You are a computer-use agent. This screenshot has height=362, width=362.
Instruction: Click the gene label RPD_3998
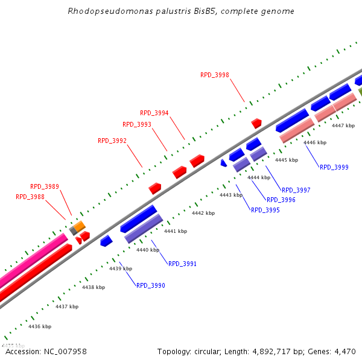tap(215, 75)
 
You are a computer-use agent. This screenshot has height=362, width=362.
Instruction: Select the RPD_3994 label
tap(154, 113)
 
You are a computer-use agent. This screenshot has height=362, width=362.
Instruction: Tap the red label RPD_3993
tap(137, 124)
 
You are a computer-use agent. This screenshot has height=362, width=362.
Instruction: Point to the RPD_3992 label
tap(112, 141)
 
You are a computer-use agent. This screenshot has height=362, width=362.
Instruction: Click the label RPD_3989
tap(45, 186)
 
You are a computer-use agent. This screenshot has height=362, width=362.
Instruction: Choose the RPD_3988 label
tap(30, 197)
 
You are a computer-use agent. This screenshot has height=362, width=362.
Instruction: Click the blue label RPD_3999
tap(334, 167)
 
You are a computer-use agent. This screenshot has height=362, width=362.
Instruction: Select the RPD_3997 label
tap(296, 190)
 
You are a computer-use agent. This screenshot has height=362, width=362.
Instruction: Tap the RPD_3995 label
tap(265, 210)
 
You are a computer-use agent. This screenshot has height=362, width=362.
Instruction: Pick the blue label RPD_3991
tap(183, 264)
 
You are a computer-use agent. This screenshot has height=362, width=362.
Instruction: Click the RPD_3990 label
tap(151, 285)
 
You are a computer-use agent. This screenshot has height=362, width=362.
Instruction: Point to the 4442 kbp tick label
tap(203, 213)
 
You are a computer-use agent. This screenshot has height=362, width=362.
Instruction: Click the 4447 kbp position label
tap(343, 125)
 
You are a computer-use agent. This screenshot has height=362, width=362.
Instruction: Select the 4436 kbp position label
tap(40, 326)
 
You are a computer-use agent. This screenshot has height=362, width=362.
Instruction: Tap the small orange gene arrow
tap(79, 226)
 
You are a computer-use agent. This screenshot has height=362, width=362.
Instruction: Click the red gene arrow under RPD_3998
tap(256, 123)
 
